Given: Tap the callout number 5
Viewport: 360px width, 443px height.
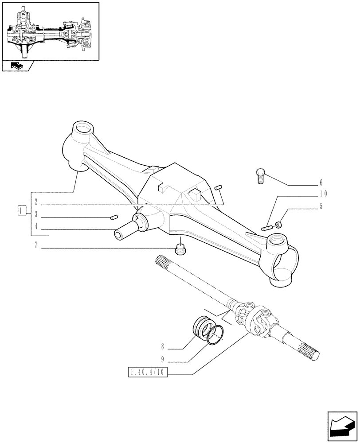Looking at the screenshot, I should (321, 206).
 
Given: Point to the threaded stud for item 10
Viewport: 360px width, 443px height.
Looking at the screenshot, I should (267, 228).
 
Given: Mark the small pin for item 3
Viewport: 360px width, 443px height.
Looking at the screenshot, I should (113, 217).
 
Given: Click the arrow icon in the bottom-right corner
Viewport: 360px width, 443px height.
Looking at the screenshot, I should (342, 427).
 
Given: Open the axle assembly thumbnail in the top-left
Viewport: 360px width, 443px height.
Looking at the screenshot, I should (50, 31).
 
